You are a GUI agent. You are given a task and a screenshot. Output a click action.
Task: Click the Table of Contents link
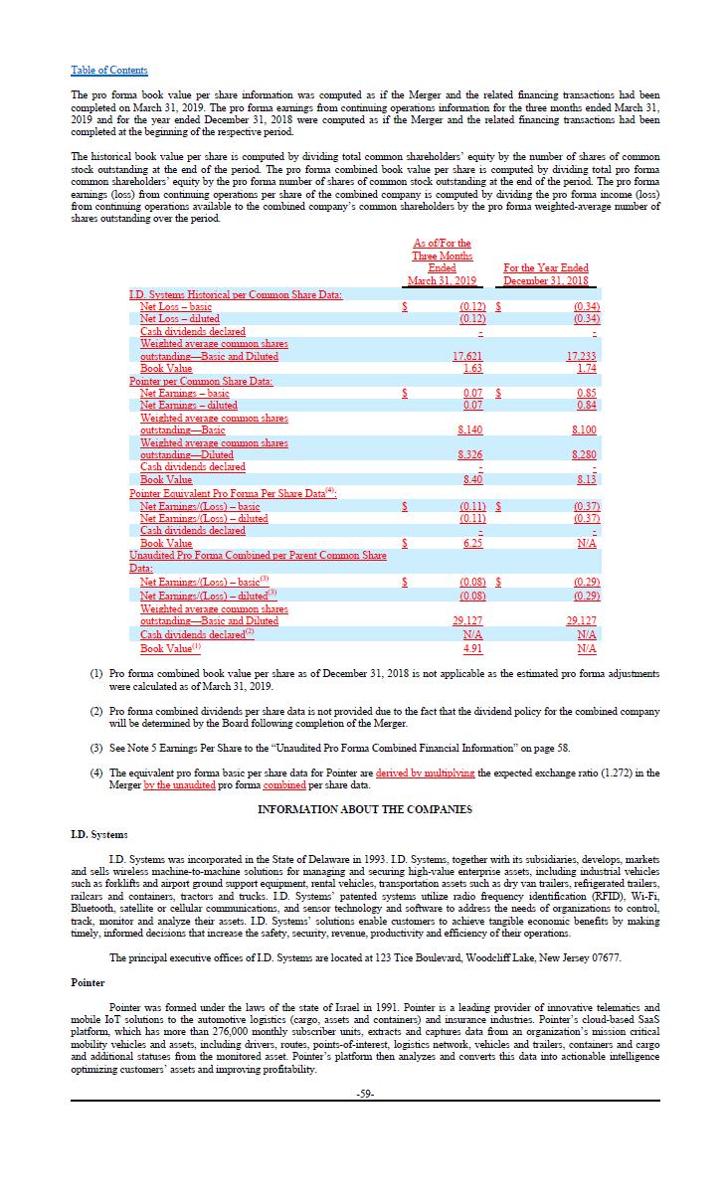109,70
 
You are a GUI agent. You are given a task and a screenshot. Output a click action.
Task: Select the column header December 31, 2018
546,280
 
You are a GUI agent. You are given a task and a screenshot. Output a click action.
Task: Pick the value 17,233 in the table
582,356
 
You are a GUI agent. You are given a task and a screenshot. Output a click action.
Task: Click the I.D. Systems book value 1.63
473,368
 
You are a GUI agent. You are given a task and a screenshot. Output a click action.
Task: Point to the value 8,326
470,454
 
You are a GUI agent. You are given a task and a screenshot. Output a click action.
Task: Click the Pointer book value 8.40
473,479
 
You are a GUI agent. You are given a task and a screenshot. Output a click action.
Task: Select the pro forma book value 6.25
473,543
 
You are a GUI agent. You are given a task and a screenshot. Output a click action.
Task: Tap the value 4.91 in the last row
473,648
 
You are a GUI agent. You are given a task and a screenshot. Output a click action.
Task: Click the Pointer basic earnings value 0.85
587,393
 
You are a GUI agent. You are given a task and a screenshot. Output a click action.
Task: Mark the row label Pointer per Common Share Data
201,381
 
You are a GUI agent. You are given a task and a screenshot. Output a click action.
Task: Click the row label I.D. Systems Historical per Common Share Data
236,294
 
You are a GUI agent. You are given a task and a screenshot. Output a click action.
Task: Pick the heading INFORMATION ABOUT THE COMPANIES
364,809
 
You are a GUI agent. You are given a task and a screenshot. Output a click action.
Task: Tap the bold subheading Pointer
88,982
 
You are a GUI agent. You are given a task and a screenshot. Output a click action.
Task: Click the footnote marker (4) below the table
96,773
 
